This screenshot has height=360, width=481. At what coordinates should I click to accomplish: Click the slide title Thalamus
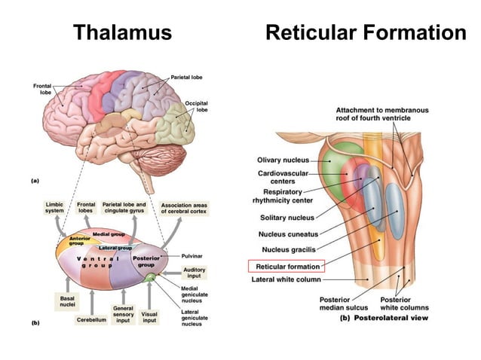[121, 33]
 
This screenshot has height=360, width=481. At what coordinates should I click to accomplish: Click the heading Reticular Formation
[366, 33]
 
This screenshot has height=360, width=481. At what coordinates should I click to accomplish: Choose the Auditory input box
[194, 273]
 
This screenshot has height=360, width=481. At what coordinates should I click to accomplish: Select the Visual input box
[149, 318]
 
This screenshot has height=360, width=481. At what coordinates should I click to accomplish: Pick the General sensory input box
[124, 313]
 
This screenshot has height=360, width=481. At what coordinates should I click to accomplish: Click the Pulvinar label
[191, 256]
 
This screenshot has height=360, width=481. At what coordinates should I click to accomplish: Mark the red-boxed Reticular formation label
[286, 266]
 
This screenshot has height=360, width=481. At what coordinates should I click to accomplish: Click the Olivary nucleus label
[283, 160]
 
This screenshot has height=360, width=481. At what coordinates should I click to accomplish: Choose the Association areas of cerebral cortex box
[185, 207]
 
